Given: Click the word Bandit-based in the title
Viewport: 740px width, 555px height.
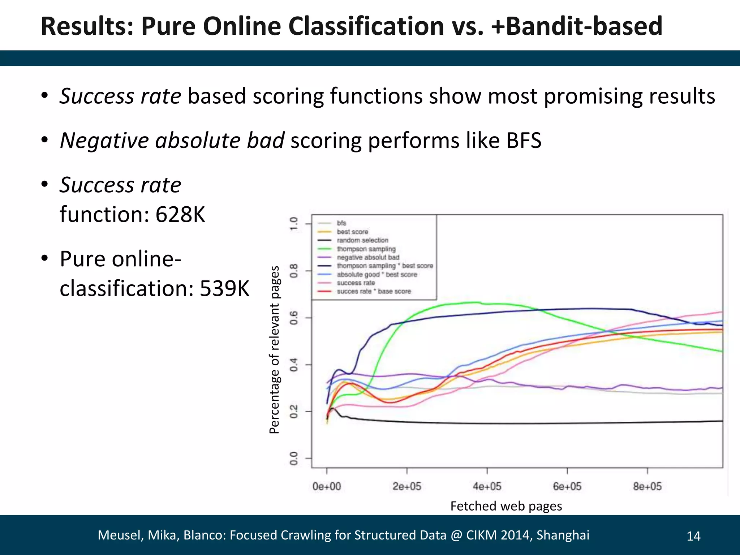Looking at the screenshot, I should coord(584,26).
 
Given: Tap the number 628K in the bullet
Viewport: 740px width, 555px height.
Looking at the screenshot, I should coord(180,214).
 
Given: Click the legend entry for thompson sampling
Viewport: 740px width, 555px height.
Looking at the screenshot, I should coord(366,249).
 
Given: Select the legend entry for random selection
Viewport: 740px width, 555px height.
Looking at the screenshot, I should coord(362,240).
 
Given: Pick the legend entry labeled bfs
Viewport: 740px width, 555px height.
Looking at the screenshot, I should coord(341,223).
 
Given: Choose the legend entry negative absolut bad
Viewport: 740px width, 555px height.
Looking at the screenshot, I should coord(367,257).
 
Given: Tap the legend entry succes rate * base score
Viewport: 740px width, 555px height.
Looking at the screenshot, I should coord(373,291).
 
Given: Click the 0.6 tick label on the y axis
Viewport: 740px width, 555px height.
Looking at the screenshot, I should coord(294,318).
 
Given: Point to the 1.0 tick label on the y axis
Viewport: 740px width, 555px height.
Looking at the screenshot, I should coord(294,224).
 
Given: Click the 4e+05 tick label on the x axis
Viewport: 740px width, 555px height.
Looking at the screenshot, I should coord(487,486).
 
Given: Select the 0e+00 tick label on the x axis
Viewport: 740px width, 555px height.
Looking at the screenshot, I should coord(327,486).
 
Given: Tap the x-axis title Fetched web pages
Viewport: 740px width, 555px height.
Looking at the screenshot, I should coord(506,506).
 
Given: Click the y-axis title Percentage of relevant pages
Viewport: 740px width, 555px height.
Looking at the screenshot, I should coord(275,349).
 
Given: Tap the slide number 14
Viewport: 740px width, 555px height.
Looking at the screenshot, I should coord(693,536).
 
